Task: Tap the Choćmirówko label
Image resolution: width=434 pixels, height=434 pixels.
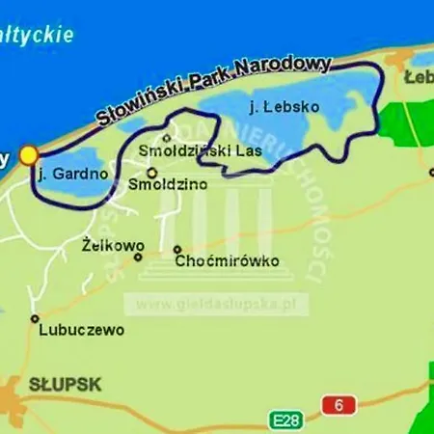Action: [228, 261]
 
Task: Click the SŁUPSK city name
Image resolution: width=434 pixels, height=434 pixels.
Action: [66, 385]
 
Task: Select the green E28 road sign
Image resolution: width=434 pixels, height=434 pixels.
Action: [283, 420]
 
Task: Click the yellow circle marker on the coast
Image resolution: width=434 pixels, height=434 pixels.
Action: [29, 155]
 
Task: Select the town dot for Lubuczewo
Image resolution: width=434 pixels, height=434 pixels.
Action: [35, 318]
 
